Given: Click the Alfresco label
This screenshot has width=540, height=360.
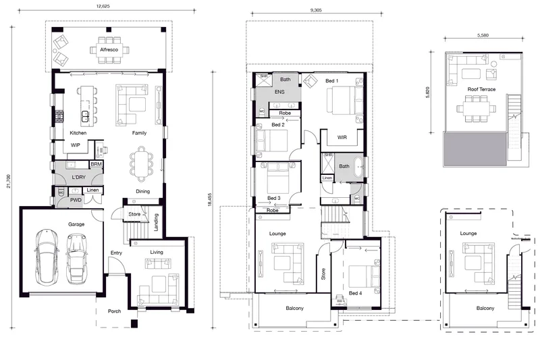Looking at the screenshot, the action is [x=109, y=49].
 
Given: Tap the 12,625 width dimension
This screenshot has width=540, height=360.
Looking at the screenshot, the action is [x=103, y=6].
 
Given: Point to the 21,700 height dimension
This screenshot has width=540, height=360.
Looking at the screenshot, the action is [x=9, y=181].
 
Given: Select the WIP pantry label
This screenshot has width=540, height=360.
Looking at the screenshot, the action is [x=76, y=145].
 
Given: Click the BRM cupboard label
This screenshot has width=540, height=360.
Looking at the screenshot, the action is [x=96, y=164].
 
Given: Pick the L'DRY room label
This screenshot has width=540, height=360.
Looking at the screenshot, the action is [x=78, y=177].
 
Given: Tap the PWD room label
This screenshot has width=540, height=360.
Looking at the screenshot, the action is [x=76, y=200].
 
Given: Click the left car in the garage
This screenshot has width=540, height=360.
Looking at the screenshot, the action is [x=46, y=257].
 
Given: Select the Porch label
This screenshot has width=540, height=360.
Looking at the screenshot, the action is [x=114, y=311].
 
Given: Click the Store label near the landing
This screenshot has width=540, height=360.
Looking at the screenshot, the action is [x=134, y=214].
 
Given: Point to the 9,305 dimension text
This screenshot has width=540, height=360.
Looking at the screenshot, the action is [x=316, y=10].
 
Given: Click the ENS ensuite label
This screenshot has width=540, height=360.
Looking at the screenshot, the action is [x=279, y=92].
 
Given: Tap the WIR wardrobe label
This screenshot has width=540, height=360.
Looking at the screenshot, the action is [x=342, y=137].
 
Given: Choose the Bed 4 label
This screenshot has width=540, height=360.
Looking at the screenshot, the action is [x=356, y=293].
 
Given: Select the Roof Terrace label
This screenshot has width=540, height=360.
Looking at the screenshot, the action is [x=481, y=89].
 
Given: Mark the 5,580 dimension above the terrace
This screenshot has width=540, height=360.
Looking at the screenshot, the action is [x=483, y=35].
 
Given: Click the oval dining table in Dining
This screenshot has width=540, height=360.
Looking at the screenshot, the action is [x=140, y=164].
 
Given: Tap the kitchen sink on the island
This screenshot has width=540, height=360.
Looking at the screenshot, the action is [x=85, y=116].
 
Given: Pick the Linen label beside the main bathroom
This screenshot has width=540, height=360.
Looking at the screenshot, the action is [x=327, y=178].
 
